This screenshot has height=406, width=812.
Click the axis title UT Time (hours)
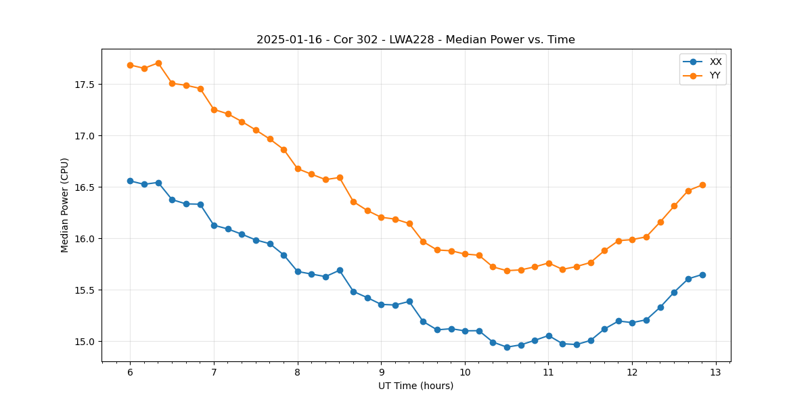pos(415,386)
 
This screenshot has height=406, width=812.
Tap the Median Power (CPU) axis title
pos(65,205)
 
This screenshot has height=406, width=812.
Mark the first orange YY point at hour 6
pos(130,65)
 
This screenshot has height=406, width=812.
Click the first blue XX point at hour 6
pos(130,181)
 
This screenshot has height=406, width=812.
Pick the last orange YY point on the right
pos(702,185)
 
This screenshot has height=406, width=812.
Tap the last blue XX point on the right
pos(702,275)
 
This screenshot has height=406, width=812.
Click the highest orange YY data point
pos(158,63)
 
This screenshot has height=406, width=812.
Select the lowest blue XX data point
pos(507,347)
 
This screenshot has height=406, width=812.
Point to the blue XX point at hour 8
pos(298,271)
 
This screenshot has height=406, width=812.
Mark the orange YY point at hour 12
pos(632,240)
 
